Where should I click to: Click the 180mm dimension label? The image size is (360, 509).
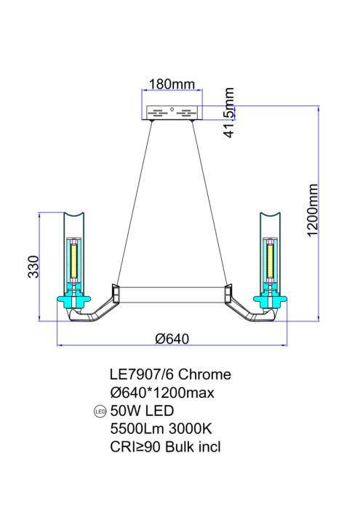point(172,84)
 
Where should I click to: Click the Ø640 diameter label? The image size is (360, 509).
point(172,338)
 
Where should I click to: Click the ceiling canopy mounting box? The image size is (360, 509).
point(172,113)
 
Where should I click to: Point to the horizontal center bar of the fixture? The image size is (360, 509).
point(172,294)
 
